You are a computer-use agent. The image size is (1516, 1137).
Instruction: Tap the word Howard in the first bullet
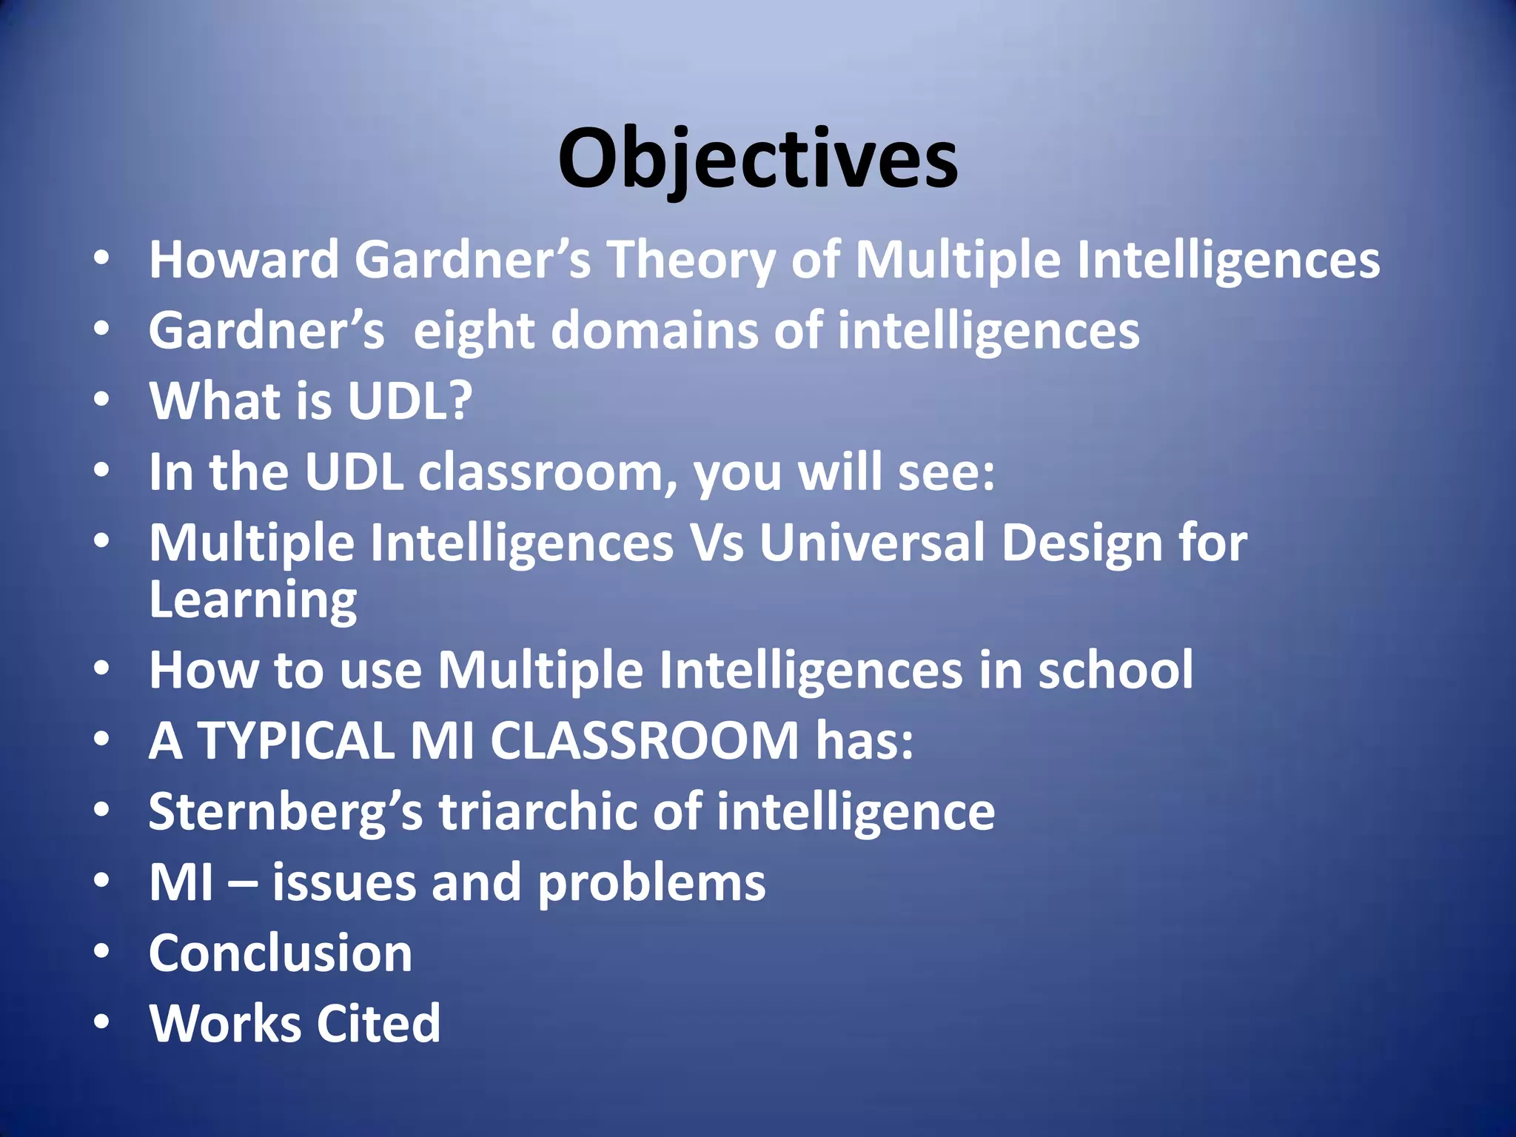(244, 260)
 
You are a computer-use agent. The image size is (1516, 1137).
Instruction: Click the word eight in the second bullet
(474, 330)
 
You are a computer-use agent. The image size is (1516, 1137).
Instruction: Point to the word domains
(654, 330)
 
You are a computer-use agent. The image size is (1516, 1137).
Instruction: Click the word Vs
(717, 543)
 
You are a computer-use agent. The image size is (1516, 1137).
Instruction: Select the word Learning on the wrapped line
(253, 600)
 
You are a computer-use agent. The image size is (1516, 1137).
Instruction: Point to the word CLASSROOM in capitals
(645, 740)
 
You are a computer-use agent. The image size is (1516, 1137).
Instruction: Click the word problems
(651, 882)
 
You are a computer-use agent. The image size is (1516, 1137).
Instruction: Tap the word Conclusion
(281, 953)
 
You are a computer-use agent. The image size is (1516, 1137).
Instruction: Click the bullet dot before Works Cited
(102, 1022)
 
